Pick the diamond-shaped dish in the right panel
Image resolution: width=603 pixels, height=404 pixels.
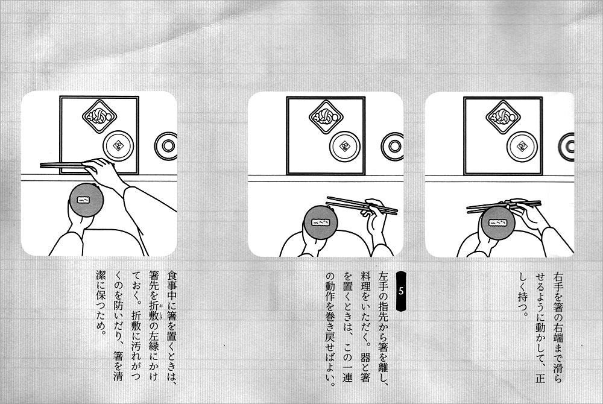pyautogui.click(x=503, y=116)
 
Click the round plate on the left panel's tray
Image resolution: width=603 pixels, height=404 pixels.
pyautogui.click(x=118, y=146)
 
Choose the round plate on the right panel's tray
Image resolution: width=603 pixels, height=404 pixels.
pyautogui.click(x=522, y=147)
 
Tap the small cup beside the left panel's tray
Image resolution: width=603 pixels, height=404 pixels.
pyautogui.click(x=166, y=146)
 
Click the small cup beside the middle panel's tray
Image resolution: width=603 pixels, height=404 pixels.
pyautogui.click(x=393, y=146)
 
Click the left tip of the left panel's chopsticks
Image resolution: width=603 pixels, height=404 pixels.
pyautogui.click(x=41, y=165)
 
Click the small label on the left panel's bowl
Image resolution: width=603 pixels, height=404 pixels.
pyautogui.click(x=83, y=200)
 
